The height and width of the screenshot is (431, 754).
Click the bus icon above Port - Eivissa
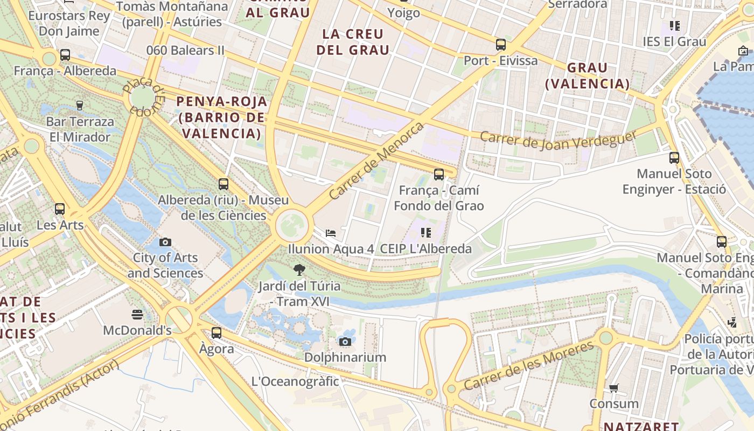tap(501, 45)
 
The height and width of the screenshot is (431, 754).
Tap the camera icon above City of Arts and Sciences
tap(165, 242)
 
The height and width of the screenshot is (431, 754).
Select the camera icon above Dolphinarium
tap(345, 342)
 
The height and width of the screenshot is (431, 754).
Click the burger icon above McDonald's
tap(137, 314)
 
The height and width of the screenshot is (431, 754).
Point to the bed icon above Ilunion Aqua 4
tap(331, 233)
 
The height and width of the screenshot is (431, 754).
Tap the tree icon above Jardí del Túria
tap(299, 269)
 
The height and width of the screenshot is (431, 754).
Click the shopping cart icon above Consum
tap(613, 388)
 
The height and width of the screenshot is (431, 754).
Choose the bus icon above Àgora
tap(217, 333)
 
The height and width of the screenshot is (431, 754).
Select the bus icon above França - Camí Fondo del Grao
tap(439, 175)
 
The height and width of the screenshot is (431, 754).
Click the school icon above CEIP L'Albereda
tap(426, 233)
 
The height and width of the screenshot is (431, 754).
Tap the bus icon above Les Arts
tap(60, 209)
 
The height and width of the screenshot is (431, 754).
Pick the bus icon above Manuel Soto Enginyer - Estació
tap(674, 158)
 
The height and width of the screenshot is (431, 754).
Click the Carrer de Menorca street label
tap(376, 161)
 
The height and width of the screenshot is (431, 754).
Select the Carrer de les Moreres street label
tap(529, 366)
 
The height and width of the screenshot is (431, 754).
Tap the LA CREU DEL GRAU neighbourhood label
tap(353, 42)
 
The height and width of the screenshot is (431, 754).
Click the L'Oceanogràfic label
tap(295, 381)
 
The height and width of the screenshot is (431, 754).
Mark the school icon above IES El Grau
tap(674, 26)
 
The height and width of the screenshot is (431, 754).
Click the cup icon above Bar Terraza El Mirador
tap(80, 106)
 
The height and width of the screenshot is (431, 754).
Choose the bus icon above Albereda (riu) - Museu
tap(224, 184)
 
